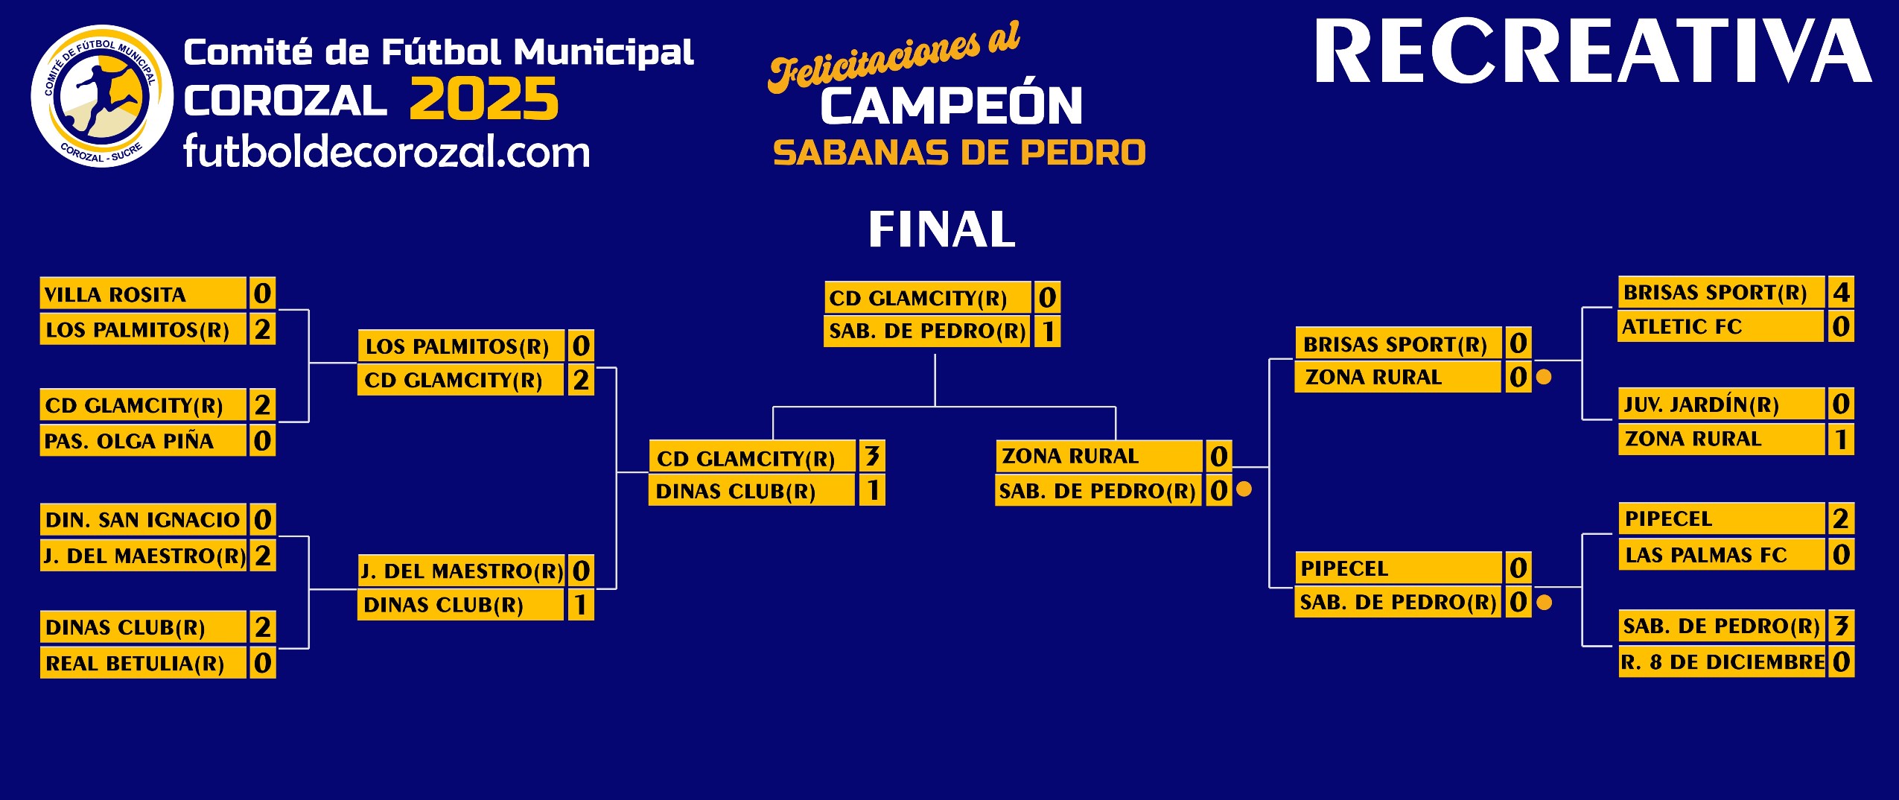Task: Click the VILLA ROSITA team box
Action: pyautogui.click(x=142, y=293)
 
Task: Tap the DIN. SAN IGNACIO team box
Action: pyautogui.click(x=142, y=519)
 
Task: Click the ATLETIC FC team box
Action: pyautogui.click(x=1721, y=326)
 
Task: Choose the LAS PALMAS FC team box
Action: pyautogui.click(x=1721, y=555)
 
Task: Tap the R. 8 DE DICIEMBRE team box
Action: pyautogui.click(x=1721, y=661)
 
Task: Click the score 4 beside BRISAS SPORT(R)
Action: pyautogui.click(x=1841, y=292)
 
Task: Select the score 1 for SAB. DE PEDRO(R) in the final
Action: pyautogui.click(x=1048, y=331)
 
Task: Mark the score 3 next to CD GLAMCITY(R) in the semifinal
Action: pyautogui.click(x=872, y=456)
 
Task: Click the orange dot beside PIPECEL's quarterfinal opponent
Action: pyautogui.click(x=1545, y=602)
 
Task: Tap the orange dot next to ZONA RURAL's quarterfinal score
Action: pyautogui.click(x=1544, y=377)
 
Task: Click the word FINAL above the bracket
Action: pyautogui.click(x=941, y=229)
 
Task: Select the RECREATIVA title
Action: pyautogui.click(x=1592, y=52)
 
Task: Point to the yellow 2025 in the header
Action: pyautogui.click(x=484, y=100)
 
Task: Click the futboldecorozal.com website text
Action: pyautogui.click(x=387, y=152)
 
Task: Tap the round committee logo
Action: pyautogui.click(x=101, y=96)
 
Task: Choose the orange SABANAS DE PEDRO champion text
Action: pyautogui.click(x=959, y=153)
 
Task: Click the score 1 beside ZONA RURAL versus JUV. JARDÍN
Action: pyautogui.click(x=1841, y=439)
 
